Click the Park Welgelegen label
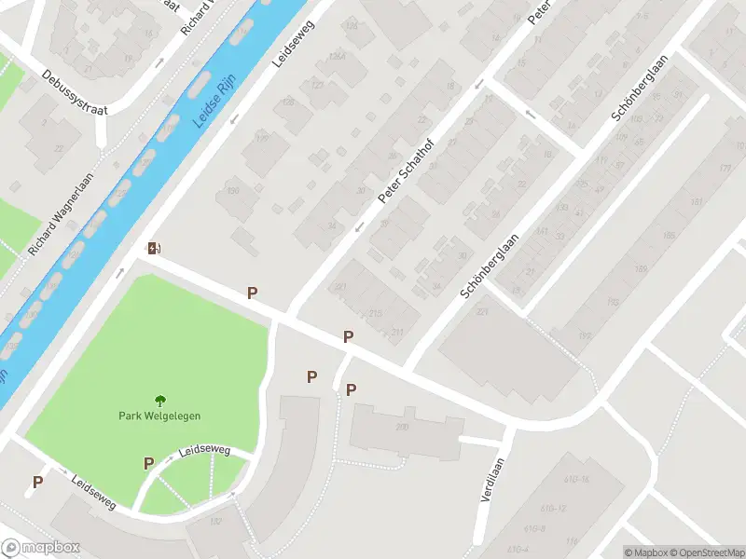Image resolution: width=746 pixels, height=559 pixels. (x=159, y=416)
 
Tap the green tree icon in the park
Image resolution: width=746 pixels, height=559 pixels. (x=159, y=401)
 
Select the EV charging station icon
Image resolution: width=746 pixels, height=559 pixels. (x=155, y=248)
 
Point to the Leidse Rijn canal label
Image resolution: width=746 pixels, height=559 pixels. (x=213, y=105)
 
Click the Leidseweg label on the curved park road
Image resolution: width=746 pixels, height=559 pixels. (x=204, y=450)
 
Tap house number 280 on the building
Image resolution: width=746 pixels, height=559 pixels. (x=402, y=427)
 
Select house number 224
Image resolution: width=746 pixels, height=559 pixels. (x=482, y=312)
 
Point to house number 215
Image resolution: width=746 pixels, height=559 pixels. (x=375, y=313)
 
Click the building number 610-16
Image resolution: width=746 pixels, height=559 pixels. (x=577, y=479)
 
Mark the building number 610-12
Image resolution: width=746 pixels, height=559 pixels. (x=554, y=509)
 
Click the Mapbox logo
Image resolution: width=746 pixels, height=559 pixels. (x=41, y=548)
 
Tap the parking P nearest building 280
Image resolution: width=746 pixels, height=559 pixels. (x=351, y=390)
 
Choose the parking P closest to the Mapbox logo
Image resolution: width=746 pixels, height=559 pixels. (x=37, y=482)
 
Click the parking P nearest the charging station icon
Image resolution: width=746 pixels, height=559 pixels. (x=252, y=293)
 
